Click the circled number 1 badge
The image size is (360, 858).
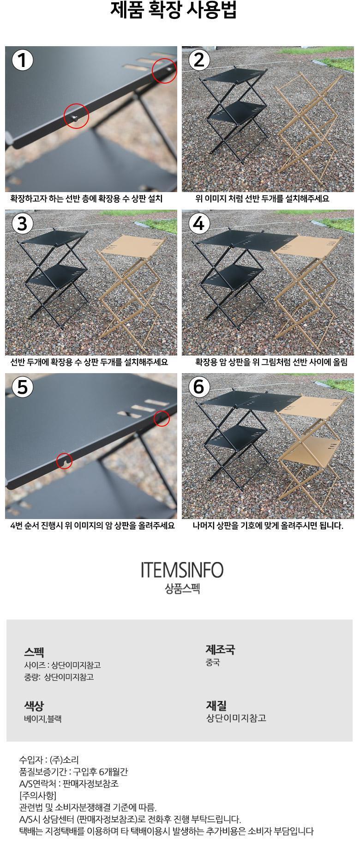(22, 60)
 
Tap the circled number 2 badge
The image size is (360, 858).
(199, 60)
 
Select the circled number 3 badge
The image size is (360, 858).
(22, 224)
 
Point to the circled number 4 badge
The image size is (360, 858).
(199, 224)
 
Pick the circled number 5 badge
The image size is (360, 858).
(22, 387)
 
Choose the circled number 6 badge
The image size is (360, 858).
(199, 387)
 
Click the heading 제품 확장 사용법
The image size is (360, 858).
(174, 10)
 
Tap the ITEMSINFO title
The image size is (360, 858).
(182, 571)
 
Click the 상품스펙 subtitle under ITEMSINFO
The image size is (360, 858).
(182, 589)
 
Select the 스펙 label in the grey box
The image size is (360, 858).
(34, 653)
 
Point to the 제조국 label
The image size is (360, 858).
(220, 650)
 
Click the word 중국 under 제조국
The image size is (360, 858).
(213, 663)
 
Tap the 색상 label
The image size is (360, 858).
(34, 706)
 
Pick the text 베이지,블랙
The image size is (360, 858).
(43, 719)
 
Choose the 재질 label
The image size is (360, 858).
(216, 706)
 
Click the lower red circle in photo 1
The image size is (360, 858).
(76, 115)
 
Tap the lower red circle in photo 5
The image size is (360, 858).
(65, 460)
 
